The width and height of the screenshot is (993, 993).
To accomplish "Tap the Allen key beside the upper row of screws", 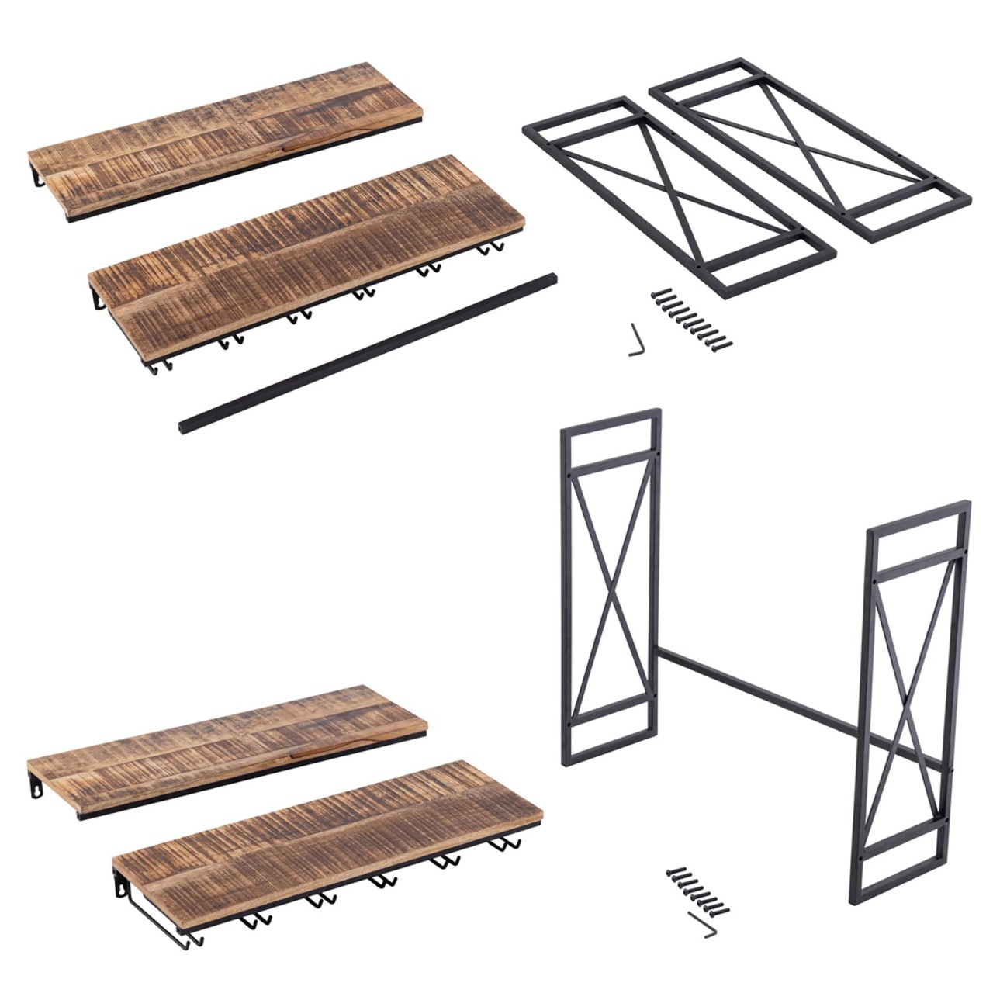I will click(636, 340).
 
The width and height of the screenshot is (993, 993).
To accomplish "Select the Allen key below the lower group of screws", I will click(704, 925).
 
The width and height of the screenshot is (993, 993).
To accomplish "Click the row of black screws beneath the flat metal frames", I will click(693, 319).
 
